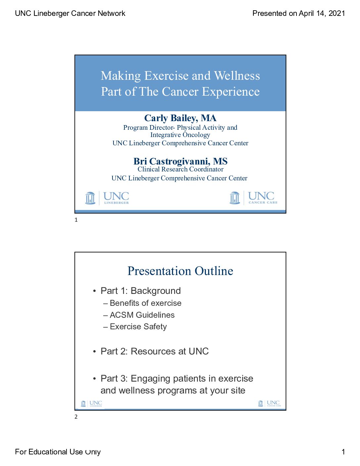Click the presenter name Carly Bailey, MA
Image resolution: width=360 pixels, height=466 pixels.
click(180, 118)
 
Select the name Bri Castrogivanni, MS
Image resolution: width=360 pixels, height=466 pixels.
click(180, 161)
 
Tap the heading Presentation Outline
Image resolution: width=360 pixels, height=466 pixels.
click(180, 271)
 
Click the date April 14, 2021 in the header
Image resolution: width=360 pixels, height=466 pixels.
click(322, 13)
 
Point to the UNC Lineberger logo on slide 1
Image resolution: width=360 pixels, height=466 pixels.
click(107, 198)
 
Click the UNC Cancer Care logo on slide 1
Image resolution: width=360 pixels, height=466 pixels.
click(253, 198)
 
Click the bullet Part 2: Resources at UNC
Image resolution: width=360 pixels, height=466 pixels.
click(155, 351)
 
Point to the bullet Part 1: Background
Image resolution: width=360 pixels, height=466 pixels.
click(141, 291)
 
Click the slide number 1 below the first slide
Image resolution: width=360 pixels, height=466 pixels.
click(76, 220)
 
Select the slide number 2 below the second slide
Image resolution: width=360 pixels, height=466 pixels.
click(76, 417)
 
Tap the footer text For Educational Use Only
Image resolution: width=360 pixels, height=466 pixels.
click(58, 452)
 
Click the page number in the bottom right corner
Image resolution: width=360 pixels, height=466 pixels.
click(343, 452)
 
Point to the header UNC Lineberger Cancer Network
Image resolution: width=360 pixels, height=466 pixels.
click(70, 13)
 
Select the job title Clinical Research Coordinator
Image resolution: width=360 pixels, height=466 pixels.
click(180, 169)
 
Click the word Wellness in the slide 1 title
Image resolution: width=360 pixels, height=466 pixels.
click(237, 76)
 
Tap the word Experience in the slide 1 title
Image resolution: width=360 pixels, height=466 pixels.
click(231, 92)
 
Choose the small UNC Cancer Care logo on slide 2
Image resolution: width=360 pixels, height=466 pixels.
click(270, 403)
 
